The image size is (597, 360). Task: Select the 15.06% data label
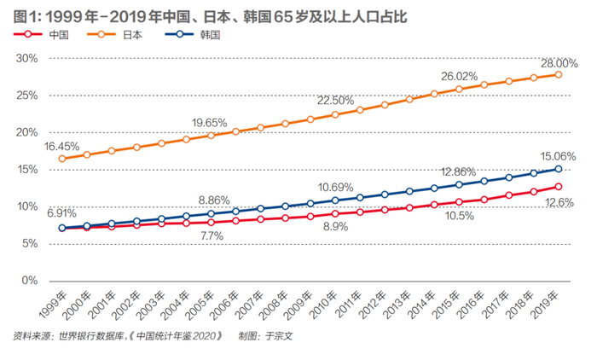tap(558, 157)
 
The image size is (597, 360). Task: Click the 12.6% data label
tap(559, 202)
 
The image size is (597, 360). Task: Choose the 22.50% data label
tap(334, 101)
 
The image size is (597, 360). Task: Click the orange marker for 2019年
tap(558, 75)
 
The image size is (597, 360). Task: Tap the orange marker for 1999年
tap(61, 159)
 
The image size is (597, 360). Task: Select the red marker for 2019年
tap(558, 187)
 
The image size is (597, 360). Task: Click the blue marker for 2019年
tap(558, 169)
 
